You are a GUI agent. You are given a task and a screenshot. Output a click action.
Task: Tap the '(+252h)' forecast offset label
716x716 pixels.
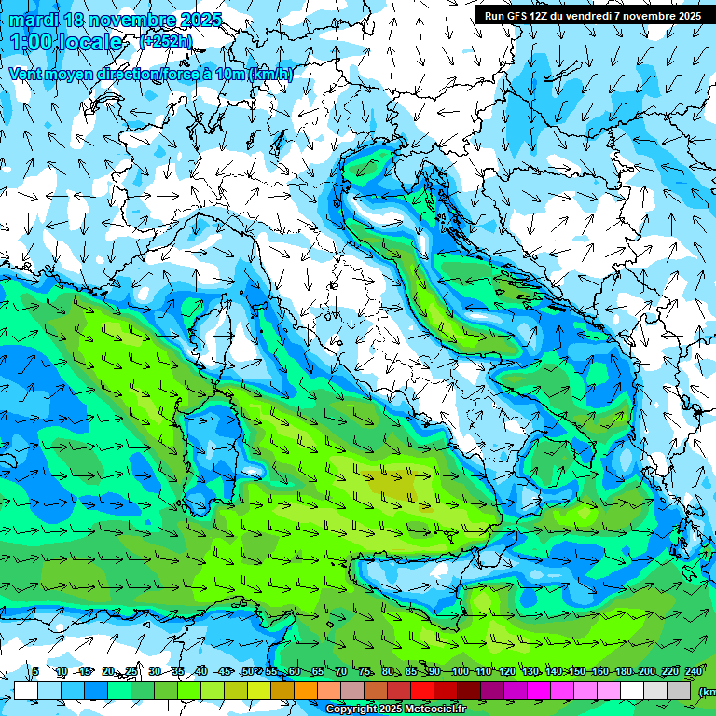click(166, 41)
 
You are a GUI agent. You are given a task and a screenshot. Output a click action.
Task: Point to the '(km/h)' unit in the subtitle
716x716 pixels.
click(271, 75)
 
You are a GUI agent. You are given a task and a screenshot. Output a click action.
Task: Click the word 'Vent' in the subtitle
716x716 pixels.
click(27, 75)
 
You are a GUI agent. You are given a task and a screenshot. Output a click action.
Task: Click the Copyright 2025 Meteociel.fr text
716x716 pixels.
click(396, 709)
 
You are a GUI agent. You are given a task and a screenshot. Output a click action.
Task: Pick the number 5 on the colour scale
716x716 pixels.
click(35, 672)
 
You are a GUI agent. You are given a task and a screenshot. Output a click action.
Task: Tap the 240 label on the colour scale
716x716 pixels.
click(694, 672)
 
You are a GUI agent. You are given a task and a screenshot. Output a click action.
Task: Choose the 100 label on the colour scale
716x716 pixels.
click(460, 672)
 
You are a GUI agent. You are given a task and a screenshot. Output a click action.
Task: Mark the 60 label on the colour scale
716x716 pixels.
click(294, 672)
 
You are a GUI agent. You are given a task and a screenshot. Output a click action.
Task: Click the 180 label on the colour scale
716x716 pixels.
click(623, 672)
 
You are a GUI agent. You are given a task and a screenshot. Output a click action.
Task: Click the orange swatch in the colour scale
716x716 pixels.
click(306, 691)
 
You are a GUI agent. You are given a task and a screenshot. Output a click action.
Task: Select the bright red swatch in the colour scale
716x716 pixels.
click(422, 691)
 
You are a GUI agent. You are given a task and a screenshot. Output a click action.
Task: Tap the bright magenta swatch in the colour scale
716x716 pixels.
click(539, 691)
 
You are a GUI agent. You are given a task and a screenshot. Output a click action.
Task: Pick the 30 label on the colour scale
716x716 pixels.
click(154, 672)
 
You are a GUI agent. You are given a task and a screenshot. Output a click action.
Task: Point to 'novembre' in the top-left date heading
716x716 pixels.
click(131, 20)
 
